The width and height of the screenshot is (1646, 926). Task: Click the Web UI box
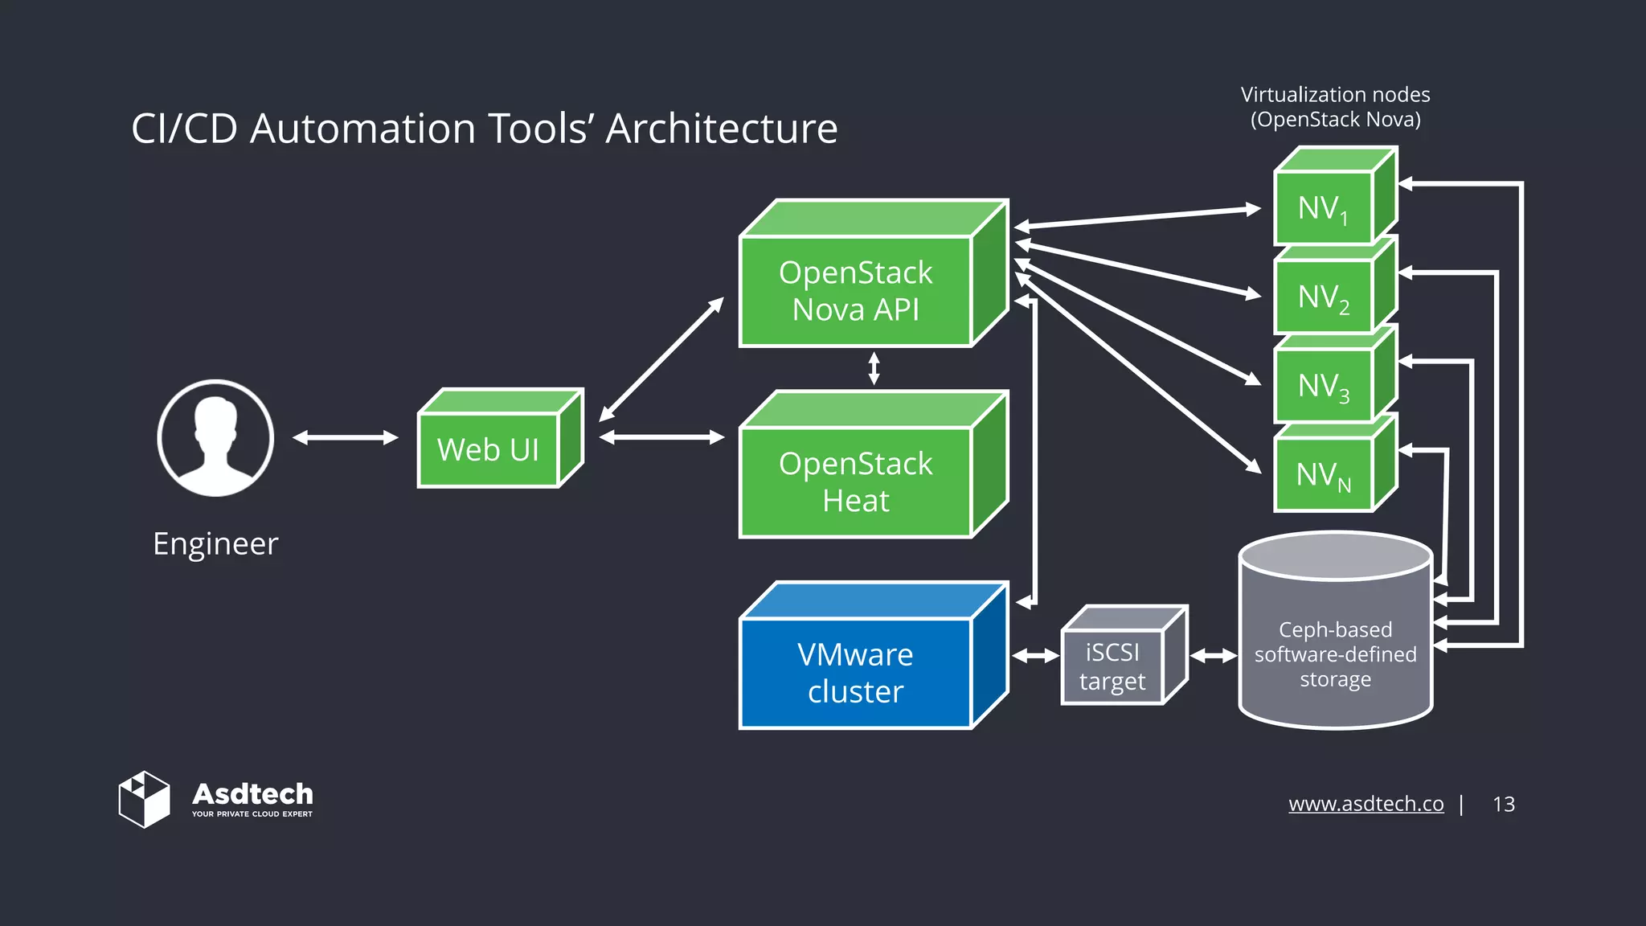(488, 449)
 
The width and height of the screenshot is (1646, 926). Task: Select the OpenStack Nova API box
(856, 291)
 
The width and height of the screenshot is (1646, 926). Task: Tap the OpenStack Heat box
(856, 481)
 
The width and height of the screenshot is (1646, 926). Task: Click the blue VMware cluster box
(856, 673)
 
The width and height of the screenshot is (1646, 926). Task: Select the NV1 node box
(1324, 208)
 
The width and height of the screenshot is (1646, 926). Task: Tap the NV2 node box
(1324, 297)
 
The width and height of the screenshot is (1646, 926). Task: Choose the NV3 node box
(1324, 387)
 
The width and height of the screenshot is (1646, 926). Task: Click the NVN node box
(1324, 475)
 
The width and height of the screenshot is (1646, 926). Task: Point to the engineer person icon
(215, 438)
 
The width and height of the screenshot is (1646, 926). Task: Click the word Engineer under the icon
(215, 544)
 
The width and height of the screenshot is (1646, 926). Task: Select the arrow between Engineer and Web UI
(346, 437)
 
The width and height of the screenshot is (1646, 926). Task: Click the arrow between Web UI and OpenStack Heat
(661, 437)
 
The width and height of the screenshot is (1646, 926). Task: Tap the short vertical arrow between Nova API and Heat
(874, 369)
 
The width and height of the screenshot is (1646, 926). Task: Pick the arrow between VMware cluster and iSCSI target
(1035, 656)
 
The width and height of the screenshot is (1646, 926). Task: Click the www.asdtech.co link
(1366, 804)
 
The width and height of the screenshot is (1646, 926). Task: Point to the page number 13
(1503, 804)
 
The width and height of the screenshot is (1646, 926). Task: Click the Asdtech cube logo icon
(145, 799)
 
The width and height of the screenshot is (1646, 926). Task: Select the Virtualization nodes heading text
(1335, 107)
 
